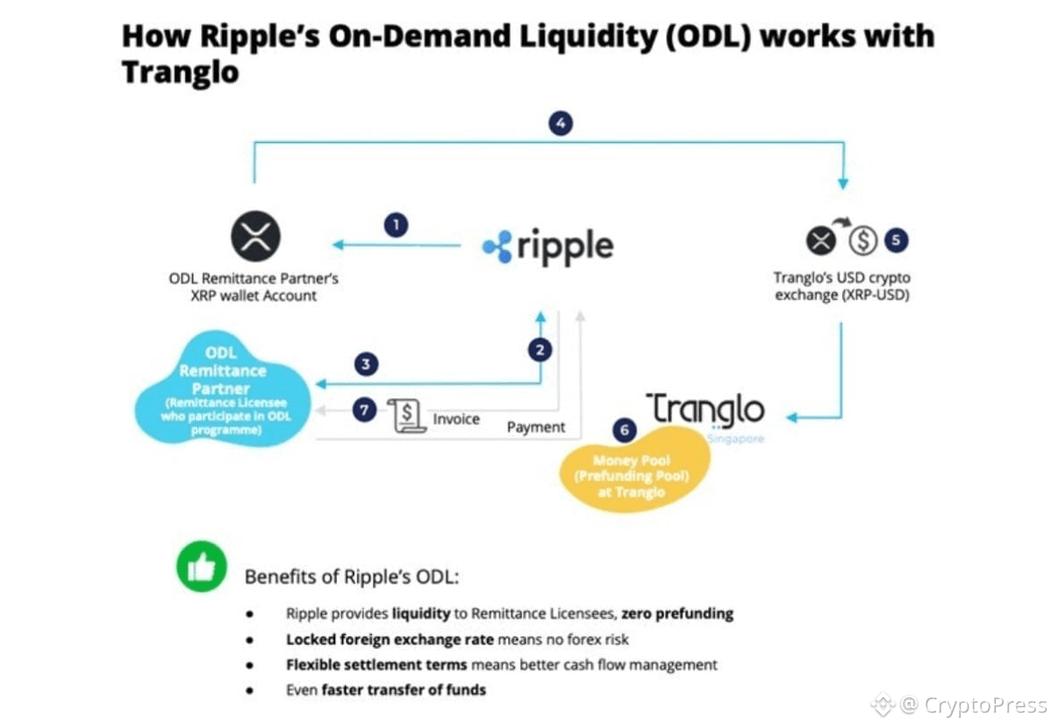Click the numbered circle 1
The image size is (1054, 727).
tap(395, 224)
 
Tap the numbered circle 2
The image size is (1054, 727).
tap(539, 350)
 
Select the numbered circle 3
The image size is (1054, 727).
tap(365, 363)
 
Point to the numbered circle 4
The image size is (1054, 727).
tap(560, 123)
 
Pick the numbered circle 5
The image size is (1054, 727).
tap(896, 240)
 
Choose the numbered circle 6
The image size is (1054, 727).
tap(625, 430)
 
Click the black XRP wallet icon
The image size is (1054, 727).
tap(256, 237)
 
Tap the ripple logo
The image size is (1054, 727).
tap(548, 246)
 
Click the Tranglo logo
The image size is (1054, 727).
tap(705, 410)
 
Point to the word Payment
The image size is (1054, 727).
tap(535, 427)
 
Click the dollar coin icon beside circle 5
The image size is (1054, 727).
tap(862, 240)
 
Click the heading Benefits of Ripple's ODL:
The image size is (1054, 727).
tap(351, 576)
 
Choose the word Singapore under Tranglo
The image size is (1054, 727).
tap(735, 439)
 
